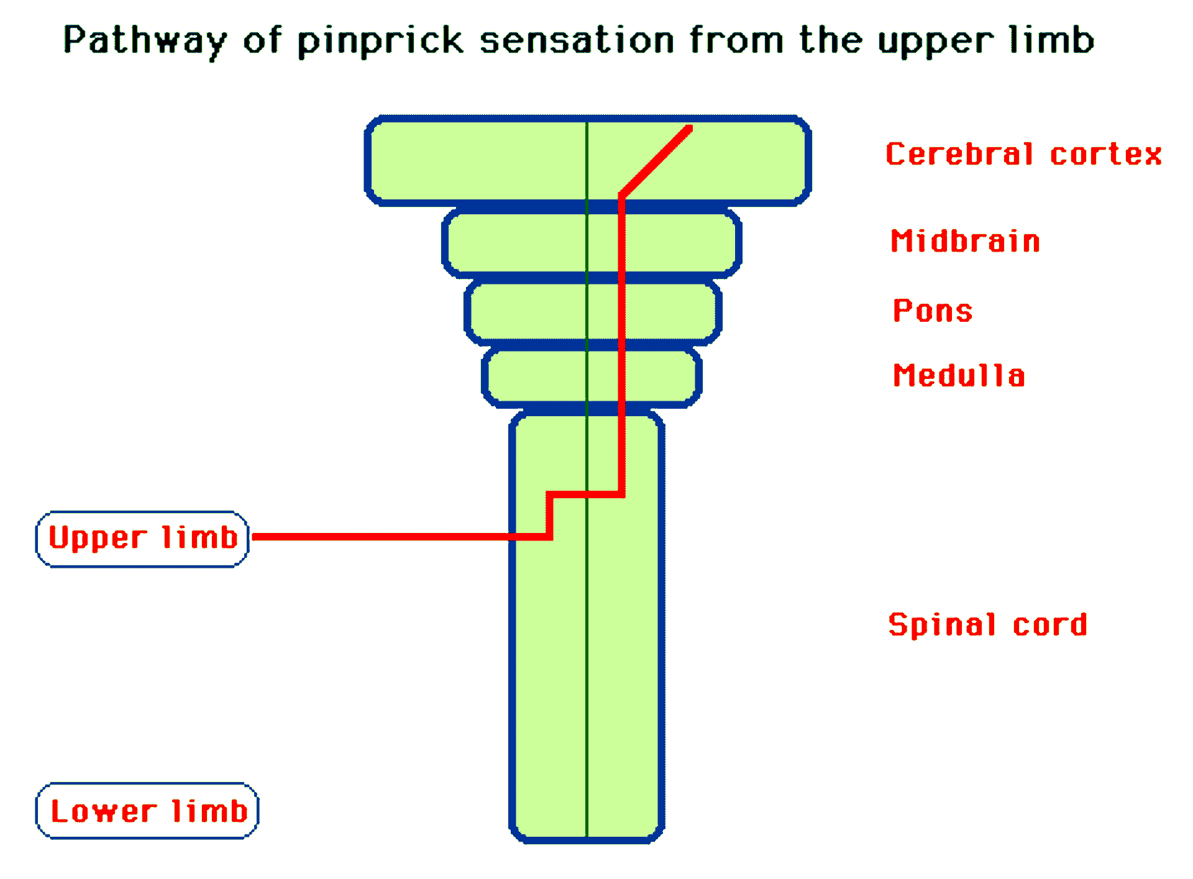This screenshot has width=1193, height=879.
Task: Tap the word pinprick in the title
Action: pyautogui.click(x=380, y=41)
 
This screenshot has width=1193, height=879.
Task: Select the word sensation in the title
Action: pyautogui.click(x=577, y=41)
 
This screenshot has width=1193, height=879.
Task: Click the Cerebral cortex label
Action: pyautogui.click(x=1023, y=154)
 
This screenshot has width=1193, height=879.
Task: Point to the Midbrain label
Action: pyautogui.click(x=965, y=241)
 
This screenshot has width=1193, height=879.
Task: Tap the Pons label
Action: pyautogui.click(x=933, y=311)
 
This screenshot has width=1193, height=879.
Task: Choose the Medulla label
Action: pyautogui.click(x=959, y=376)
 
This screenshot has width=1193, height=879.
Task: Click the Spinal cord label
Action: pyautogui.click(x=987, y=624)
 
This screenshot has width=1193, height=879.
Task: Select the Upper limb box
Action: pyautogui.click(x=142, y=539)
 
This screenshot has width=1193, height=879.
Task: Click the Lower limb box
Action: pyautogui.click(x=147, y=811)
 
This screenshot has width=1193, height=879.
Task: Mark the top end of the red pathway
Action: pyautogui.click(x=688, y=129)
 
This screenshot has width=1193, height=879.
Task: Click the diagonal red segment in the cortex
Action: pyautogui.click(x=656, y=162)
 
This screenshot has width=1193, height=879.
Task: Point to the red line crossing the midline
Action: pyautogui.click(x=587, y=494)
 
